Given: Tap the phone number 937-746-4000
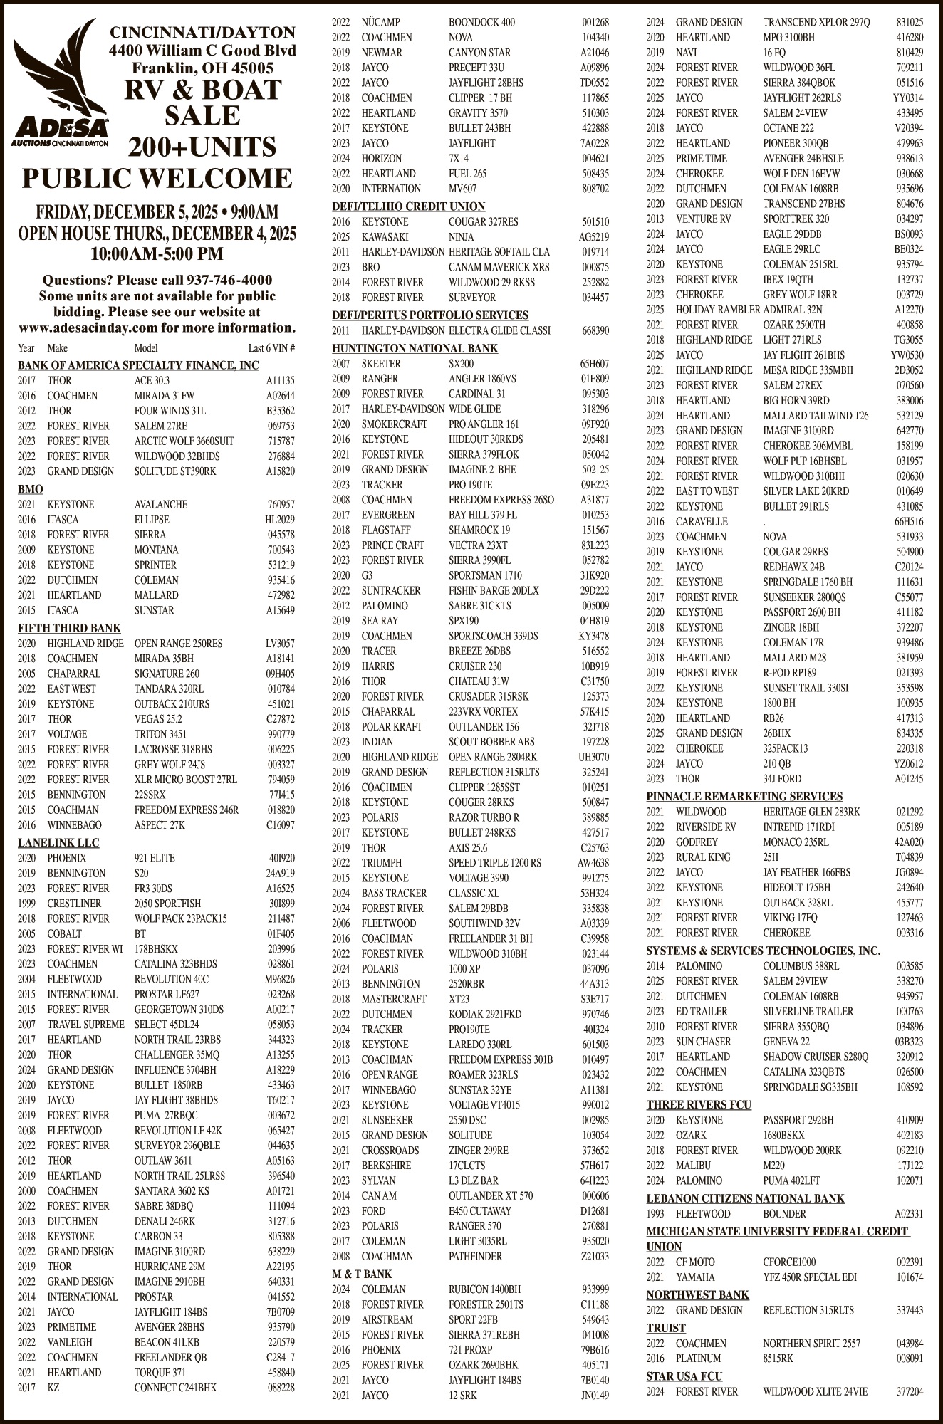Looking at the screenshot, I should coord(229,281).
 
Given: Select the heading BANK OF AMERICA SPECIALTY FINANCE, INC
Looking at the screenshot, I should coord(138,365).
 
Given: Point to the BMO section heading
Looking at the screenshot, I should coord(31,489).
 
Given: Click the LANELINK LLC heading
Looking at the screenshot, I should coord(58,843).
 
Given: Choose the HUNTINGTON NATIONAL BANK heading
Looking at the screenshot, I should coord(415,348).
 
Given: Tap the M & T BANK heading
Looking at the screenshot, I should coord(362,1274).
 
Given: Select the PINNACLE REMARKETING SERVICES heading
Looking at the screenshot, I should coord(744,796).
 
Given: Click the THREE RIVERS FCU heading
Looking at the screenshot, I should coord(699,1104).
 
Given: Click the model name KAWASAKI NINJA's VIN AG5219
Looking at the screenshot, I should coord(594,237).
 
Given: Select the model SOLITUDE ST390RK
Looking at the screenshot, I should coord(175,471).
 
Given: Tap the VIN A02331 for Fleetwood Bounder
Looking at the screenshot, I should coord(909,1214).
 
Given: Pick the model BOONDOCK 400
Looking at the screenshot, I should coord(481,22).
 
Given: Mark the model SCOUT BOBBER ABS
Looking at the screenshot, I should coord(491,742).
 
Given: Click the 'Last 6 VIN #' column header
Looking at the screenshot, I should coord(271,349).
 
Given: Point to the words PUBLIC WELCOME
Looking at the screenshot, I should coord(157,178).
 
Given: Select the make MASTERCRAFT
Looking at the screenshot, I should coord(394,999).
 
